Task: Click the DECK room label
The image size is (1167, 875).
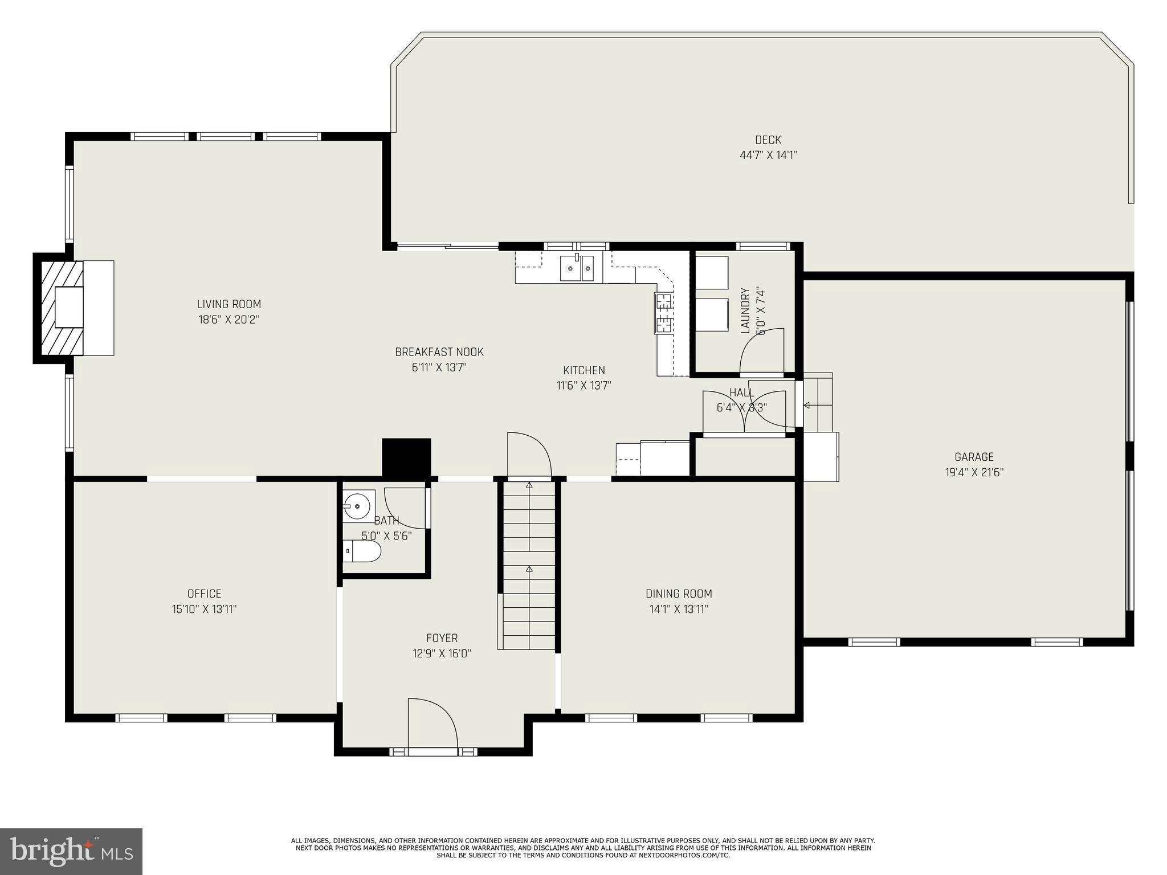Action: [x=768, y=140]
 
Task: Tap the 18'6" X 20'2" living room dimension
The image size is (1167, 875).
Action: [x=229, y=320]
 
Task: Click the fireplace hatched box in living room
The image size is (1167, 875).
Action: [x=59, y=308]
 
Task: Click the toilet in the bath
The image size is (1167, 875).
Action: [x=364, y=551]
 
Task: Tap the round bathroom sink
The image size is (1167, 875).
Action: [x=357, y=505]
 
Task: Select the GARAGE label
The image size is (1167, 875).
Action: [x=974, y=457]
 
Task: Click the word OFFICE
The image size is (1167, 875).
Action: [x=204, y=594]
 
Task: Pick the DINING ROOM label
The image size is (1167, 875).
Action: [x=679, y=594]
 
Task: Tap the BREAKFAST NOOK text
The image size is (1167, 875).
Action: [x=439, y=352]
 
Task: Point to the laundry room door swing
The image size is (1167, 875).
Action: [x=762, y=350]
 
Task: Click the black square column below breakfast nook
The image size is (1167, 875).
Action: [x=406, y=457]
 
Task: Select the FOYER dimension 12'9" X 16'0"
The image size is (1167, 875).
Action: [x=442, y=653]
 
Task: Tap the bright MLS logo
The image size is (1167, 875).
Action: [x=71, y=851]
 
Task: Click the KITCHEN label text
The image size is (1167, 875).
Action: [x=584, y=370]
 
